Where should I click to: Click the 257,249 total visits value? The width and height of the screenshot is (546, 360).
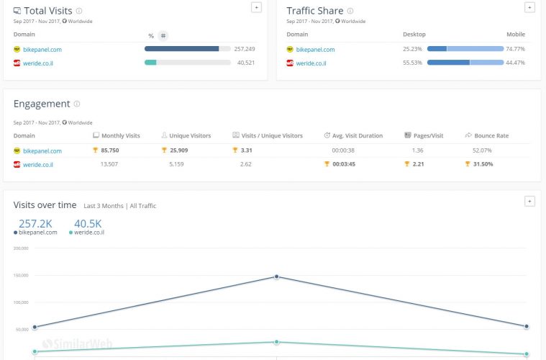point(245,49)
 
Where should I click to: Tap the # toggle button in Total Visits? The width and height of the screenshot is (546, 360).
point(163,35)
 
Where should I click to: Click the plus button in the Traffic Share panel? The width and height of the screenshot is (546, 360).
point(529,7)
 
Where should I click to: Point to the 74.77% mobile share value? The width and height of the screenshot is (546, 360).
point(515,49)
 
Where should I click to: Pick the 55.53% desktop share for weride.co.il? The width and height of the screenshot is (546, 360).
point(413,63)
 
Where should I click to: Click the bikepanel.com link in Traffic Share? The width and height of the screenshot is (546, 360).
point(315,50)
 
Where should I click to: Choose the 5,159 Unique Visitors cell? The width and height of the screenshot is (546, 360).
point(176,164)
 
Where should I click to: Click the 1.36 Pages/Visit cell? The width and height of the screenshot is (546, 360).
point(418,150)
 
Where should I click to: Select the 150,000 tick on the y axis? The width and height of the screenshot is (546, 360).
point(20,275)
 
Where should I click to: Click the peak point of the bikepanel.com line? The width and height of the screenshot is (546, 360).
point(277,276)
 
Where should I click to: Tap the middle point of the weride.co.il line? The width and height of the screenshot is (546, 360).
point(277,342)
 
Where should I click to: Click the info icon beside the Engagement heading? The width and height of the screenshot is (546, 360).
point(77,104)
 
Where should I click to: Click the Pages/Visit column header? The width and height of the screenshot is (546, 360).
point(428,135)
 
